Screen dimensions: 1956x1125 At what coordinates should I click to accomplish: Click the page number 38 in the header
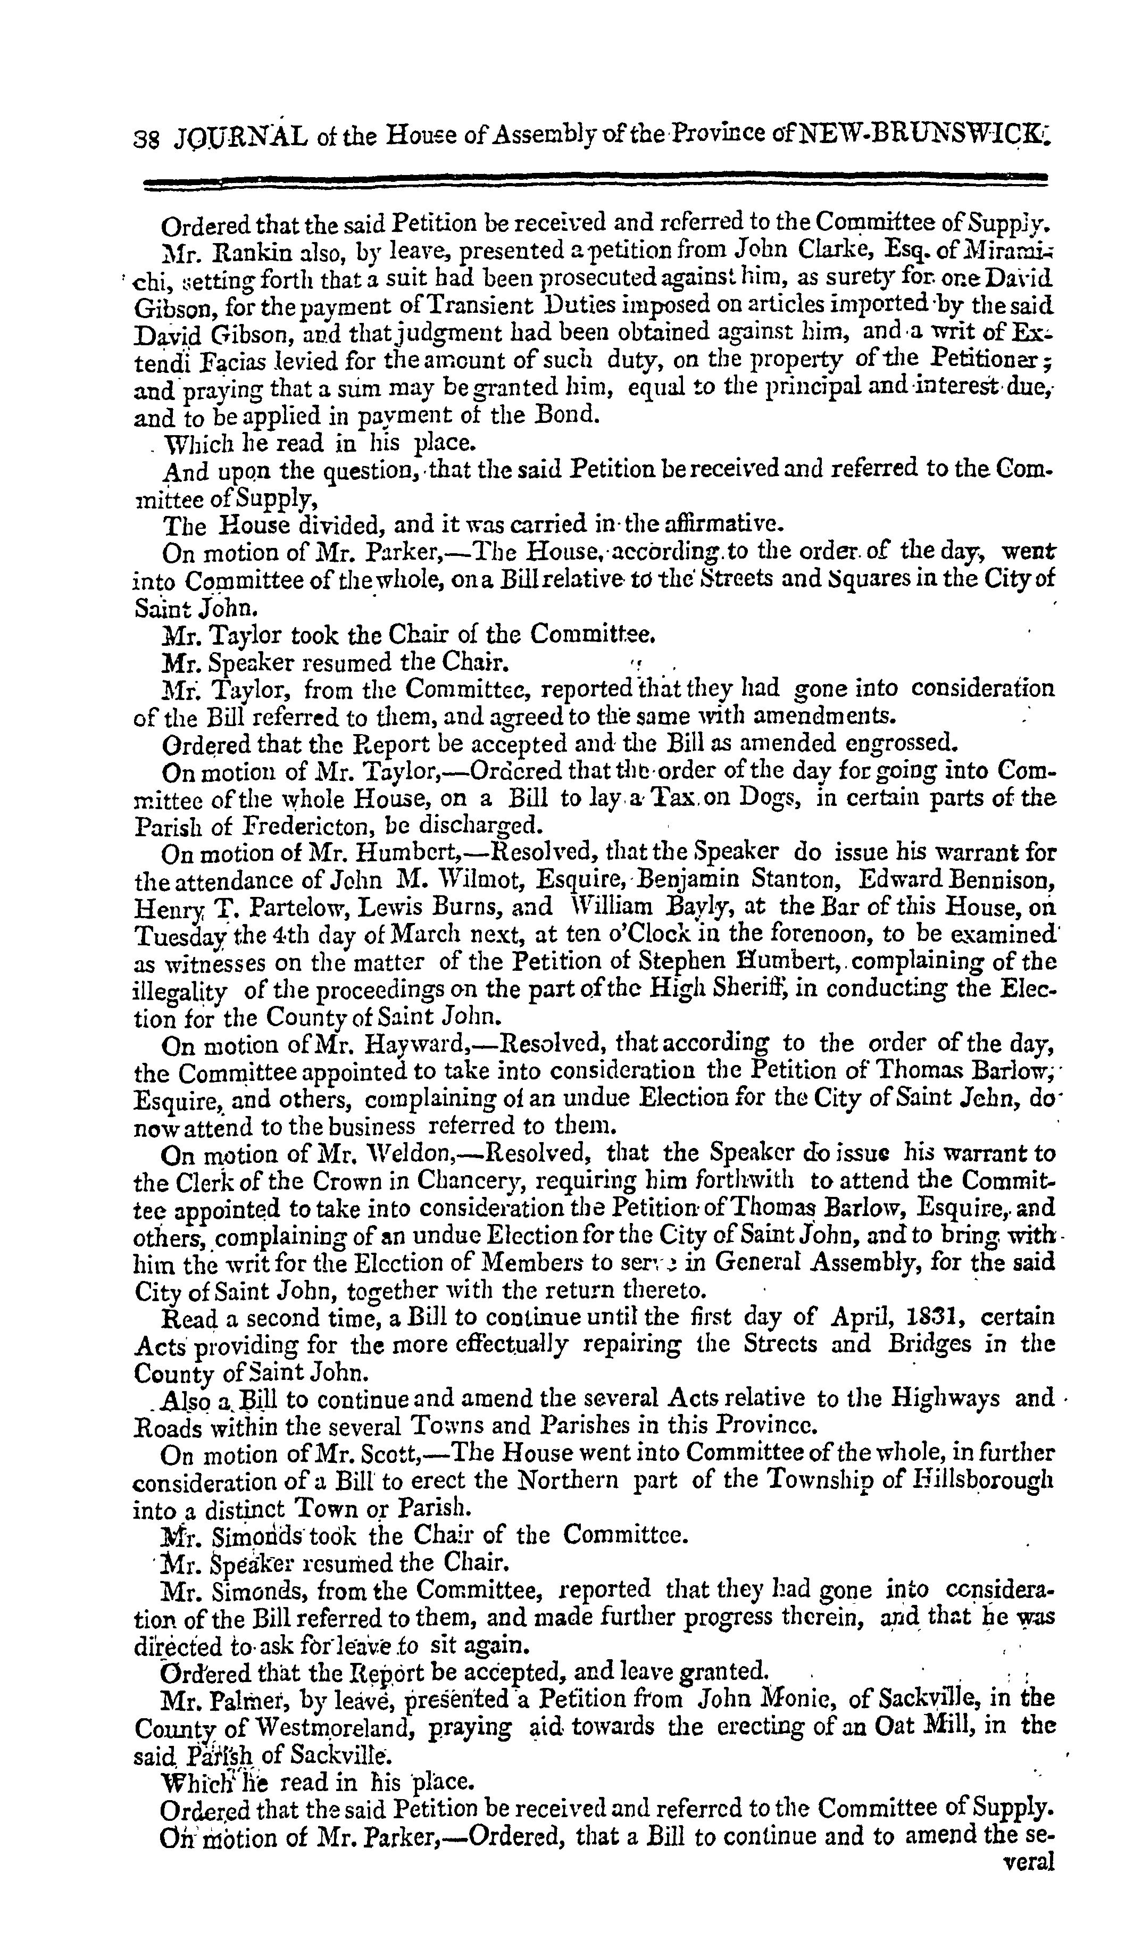coord(145,137)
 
